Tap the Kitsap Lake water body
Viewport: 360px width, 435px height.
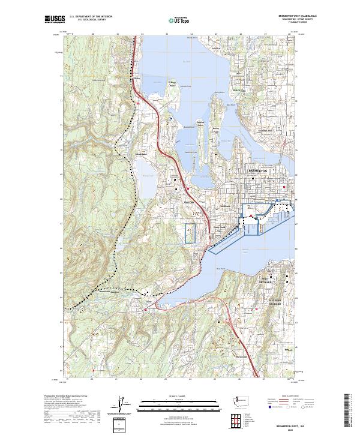[x=148, y=180]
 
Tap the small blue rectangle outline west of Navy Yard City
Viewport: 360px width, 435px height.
[x=191, y=233]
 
